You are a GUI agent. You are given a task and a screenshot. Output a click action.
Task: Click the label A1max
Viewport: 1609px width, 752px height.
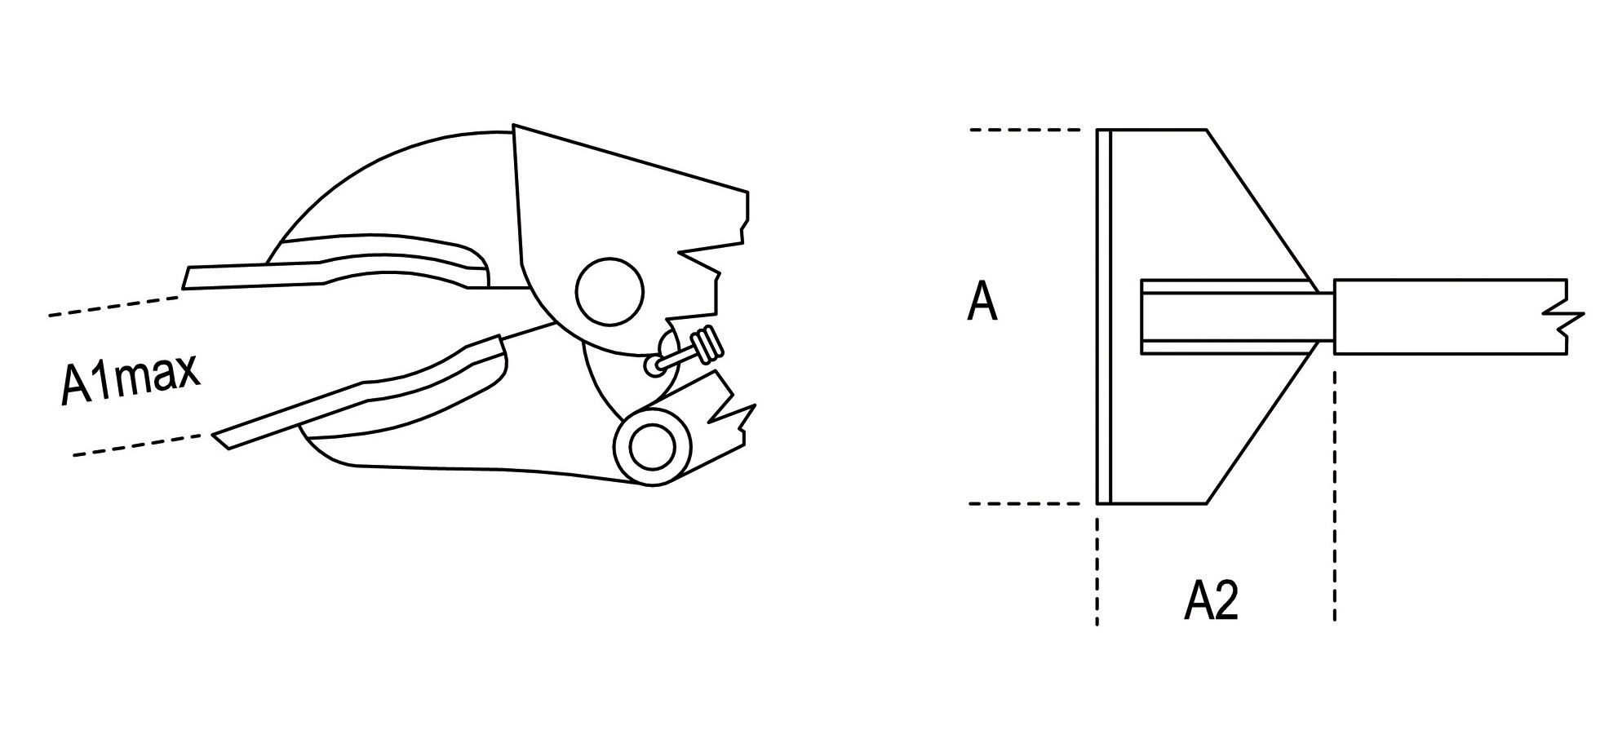click(131, 379)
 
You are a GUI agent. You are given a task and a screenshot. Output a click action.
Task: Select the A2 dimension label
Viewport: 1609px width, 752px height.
click(1211, 602)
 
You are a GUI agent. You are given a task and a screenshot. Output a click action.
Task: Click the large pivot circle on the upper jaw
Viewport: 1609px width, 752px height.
click(609, 291)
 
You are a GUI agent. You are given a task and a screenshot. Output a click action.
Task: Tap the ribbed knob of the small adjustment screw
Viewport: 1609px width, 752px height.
click(707, 345)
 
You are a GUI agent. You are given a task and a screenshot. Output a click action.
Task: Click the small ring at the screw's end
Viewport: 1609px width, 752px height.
click(654, 367)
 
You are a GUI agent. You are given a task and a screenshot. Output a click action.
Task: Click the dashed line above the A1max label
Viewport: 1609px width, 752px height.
click(114, 306)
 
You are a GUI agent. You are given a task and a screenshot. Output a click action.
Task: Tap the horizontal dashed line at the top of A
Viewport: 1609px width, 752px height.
click(1025, 130)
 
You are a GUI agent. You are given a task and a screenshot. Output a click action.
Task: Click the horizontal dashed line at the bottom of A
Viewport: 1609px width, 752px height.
click(1025, 504)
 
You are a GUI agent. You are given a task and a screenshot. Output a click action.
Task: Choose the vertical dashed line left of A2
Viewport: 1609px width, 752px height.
click(1097, 571)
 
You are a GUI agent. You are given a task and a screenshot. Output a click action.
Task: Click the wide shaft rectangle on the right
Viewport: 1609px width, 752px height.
click(1444, 316)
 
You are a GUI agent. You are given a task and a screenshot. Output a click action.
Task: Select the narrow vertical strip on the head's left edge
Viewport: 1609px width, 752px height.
click(1104, 316)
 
